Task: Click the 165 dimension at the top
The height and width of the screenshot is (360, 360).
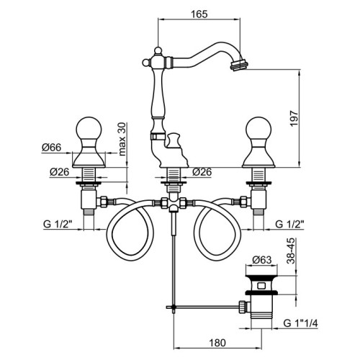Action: (199, 14)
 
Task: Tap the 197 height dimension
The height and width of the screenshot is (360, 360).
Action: (294, 119)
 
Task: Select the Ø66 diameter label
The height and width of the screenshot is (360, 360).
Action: (51, 147)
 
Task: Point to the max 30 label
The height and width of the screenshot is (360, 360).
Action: (122, 139)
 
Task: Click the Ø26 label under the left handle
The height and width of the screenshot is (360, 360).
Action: (59, 171)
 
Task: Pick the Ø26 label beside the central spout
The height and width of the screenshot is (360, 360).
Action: (202, 171)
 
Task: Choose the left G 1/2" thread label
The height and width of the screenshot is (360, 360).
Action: (58, 224)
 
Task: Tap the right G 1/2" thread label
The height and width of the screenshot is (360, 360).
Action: (289, 224)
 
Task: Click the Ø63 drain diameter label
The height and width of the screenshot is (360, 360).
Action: (261, 260)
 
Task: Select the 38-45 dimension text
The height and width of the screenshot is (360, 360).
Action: (291, 251)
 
